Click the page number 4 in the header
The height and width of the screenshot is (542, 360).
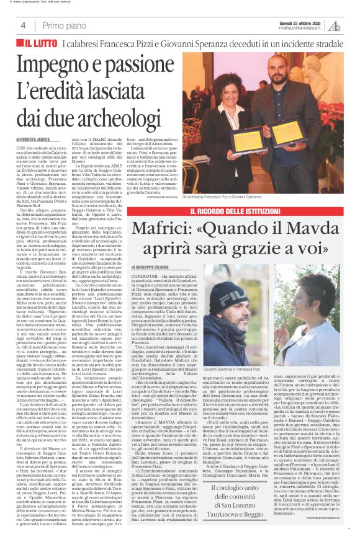point(32,24)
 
